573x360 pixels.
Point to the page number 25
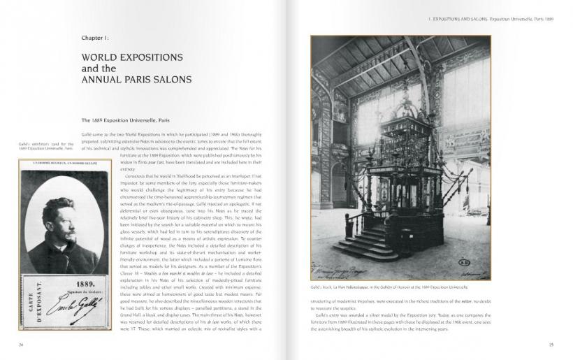click(x=551, y=344)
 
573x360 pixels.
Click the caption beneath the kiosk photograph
click(x=389, y=289)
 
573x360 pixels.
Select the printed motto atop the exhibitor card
click(x=64, y=163)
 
